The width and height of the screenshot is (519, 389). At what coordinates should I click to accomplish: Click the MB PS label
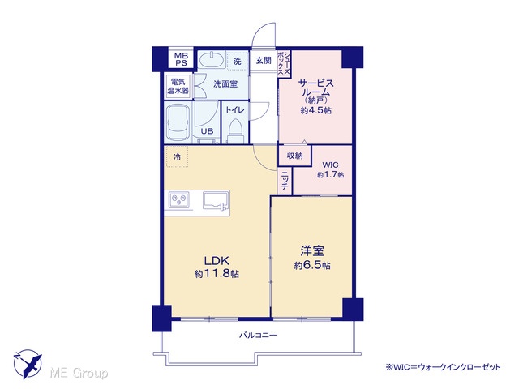pos(181,59)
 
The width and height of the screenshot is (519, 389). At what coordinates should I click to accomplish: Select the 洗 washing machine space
pos(238,61)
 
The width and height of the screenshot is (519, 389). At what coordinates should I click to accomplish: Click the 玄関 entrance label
pos(264,61)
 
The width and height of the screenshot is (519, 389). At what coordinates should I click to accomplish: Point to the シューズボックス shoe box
pos(284,64)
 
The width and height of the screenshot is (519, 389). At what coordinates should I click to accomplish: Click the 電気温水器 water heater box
pos(178,86)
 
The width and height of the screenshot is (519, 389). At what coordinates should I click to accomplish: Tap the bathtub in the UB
pos(178,122)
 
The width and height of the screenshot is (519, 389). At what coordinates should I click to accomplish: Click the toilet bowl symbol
pos(236,130)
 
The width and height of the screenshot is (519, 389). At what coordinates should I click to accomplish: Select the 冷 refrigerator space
pos(177,156)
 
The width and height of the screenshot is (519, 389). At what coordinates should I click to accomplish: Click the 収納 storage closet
pos(294,155)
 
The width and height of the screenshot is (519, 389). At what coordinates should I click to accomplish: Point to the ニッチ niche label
pos(285,182)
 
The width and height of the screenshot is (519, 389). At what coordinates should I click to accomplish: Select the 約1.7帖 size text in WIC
pos(330,174)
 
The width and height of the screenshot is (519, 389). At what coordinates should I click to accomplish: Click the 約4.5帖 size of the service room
pos(315,110)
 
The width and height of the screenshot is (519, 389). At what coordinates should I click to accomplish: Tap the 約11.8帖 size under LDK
pos(217,274)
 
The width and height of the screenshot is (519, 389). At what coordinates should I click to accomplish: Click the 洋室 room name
pos(312,250)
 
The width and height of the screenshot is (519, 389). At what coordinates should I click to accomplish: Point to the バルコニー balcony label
pos(258,336)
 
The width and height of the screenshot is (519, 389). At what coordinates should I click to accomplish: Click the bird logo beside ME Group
pos(28,364)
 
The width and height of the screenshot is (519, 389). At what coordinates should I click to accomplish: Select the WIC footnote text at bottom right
pos(443,367)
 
